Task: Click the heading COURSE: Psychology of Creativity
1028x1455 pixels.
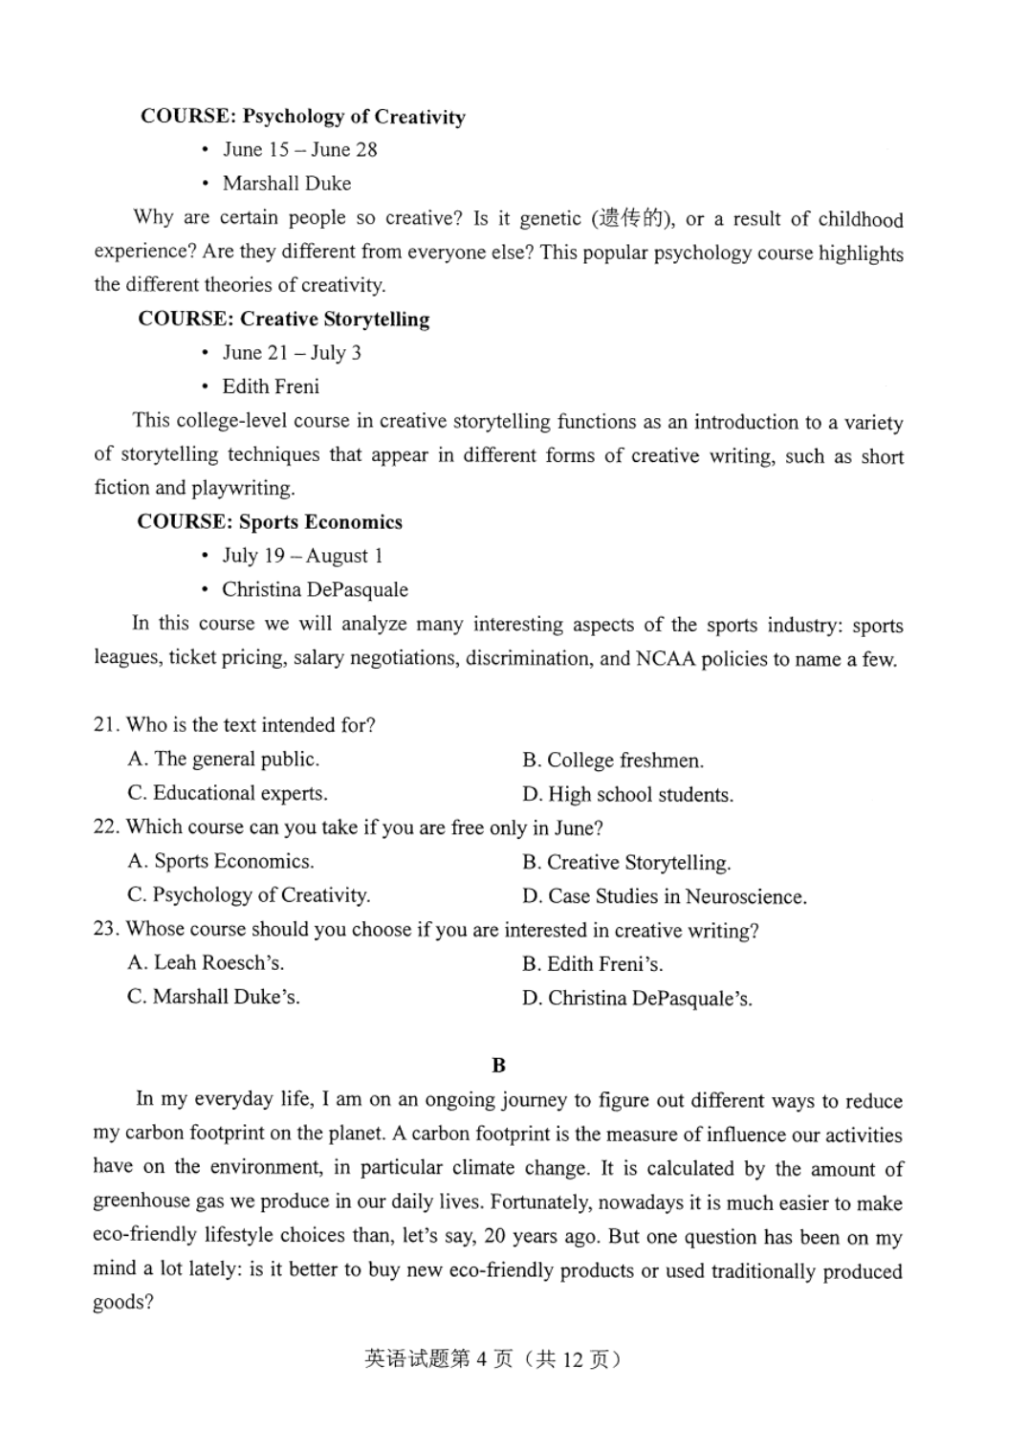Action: point(302,117)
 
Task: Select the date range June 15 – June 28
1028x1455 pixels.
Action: point(299,150)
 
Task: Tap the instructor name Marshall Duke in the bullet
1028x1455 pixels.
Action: point(286,184)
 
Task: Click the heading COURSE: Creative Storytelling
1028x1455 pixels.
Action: point(283,320)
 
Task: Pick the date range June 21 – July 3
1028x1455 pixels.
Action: point(292,353)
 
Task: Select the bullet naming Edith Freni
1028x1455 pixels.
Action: point(271,386)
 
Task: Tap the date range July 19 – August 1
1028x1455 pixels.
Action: point(302,556)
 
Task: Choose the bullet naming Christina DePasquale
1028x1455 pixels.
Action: point(315,589)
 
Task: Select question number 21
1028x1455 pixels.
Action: point(105,725)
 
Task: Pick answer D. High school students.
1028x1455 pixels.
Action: point(627,795)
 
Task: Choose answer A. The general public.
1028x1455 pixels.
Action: point(224,760)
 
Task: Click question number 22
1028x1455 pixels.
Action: point(105,827)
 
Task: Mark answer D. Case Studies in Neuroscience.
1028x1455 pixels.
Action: point(664,897)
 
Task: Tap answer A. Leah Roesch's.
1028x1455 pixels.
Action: point(206,963)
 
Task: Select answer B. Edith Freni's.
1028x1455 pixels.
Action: point(592,964)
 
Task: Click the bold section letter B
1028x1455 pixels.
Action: point(498,1066)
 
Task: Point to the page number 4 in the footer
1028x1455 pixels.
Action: point(482,1359)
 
